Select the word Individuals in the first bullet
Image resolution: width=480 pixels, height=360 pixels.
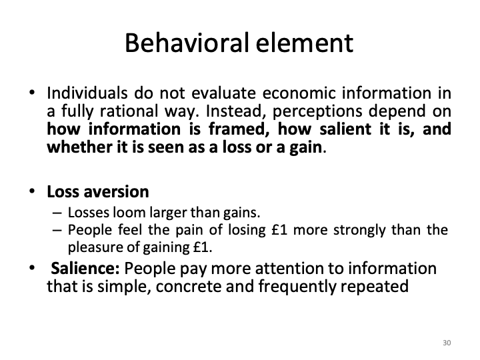pyautogui.click(x=83, y=93)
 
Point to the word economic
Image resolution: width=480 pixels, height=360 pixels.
pyautogui.click(x=283, y=93)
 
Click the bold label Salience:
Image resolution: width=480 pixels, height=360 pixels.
pyautogui.click(x=86, y=269)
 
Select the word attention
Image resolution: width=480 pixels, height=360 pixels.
pyautogui.click(x=289, y=269)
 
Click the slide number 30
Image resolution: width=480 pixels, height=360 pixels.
pyautogui.click(x=447, y=343)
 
